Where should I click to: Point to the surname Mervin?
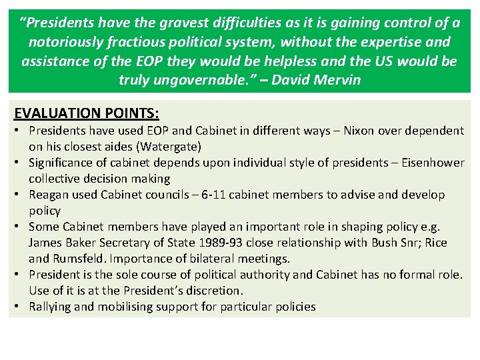click(x=338, y=81)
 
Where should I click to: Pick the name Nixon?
click(x=361, y=131)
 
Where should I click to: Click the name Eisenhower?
click(x=425, y=163)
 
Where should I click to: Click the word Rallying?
click(x=51, y=307)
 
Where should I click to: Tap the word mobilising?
click(x=124, y=307)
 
